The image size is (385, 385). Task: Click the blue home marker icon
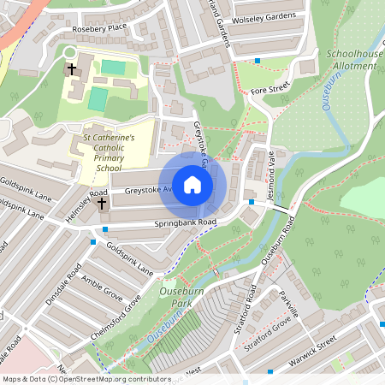click(x=192, y=186)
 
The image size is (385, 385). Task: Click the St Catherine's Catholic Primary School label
click(x=109, y=151)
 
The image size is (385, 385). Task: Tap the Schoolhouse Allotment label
click(x=354, y=59)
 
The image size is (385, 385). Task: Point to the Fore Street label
click(x=270, y=85)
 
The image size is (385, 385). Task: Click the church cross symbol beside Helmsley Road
click(x=102, y=204)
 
